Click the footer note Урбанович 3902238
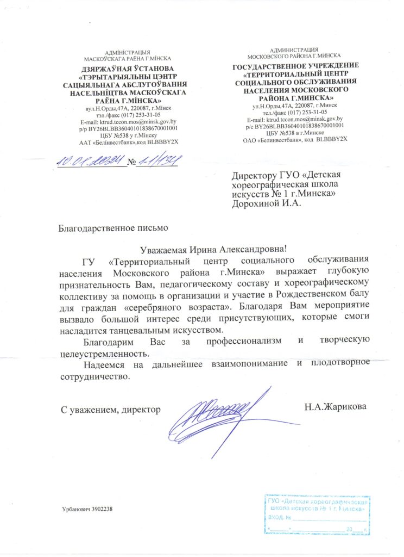[87, 509]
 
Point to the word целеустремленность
[102, 352]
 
